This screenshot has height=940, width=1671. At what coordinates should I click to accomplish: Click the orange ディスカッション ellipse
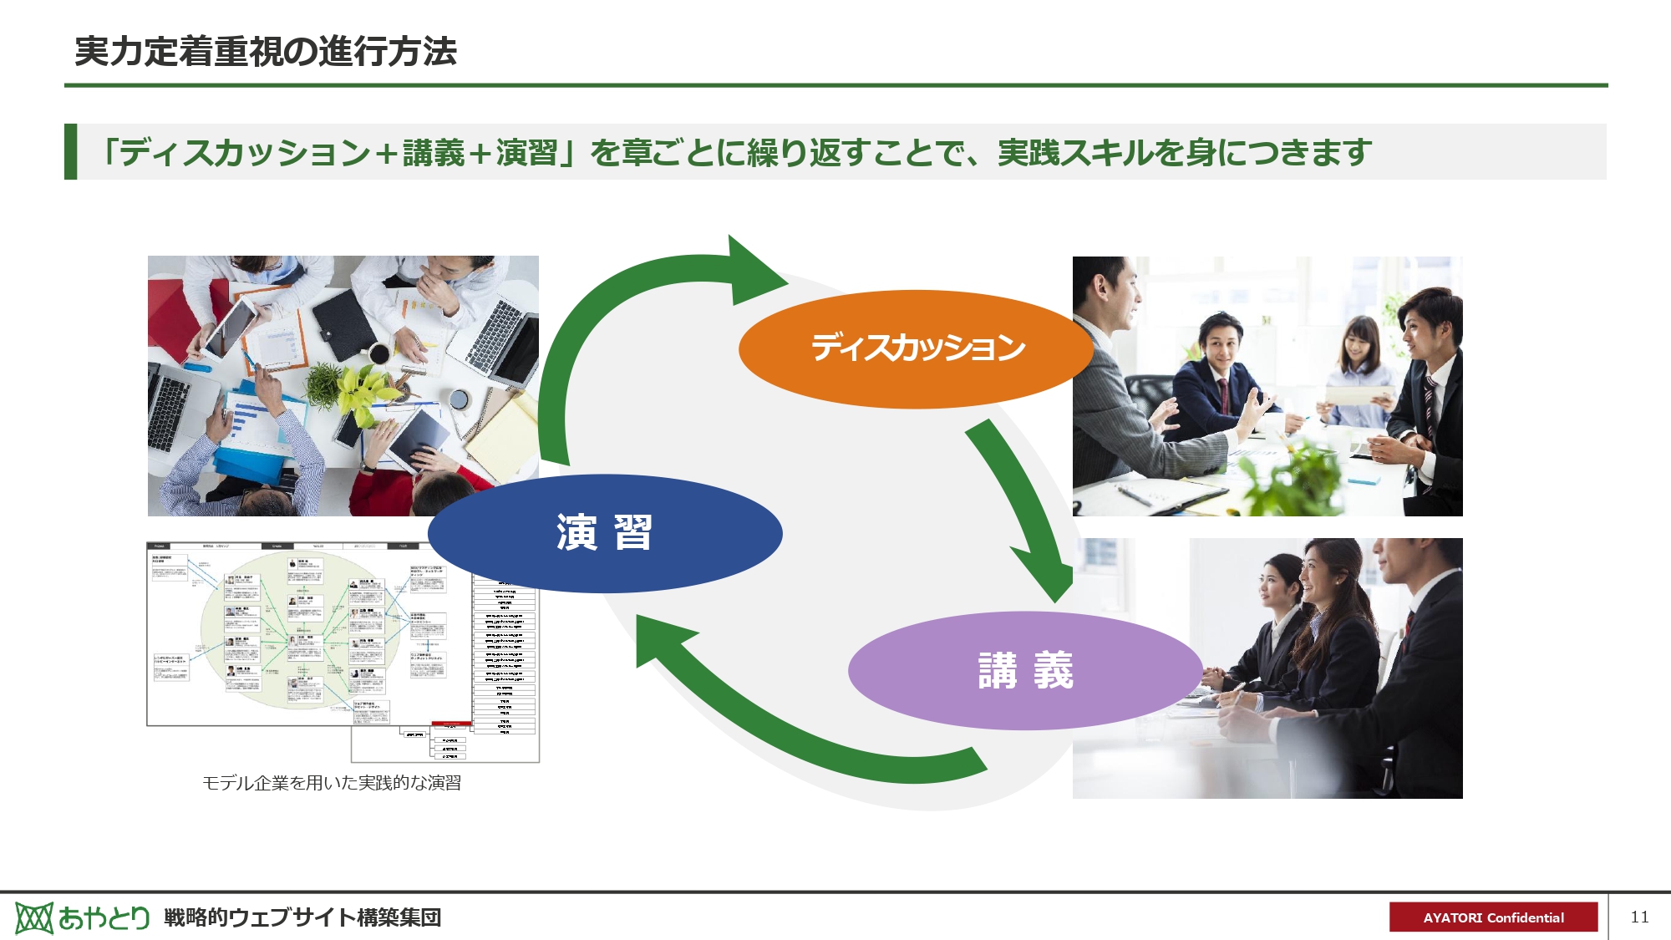pyautogui.click(x=916, y=349)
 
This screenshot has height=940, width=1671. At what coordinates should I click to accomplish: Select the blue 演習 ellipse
pyautogui.click(x=604, y=533)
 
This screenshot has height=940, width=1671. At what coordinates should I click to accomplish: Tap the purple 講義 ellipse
pyautogui.click(x=1025, y=670)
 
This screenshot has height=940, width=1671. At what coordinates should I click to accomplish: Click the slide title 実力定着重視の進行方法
pyautogui.click(x=266, y=52)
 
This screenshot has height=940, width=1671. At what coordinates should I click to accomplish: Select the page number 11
pyautogui.click(x=1639, y=917)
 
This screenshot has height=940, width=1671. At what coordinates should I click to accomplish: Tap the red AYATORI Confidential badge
pyautogui.click(x=1493, y=917)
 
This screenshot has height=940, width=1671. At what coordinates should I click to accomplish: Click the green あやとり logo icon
pyautogui.click(x=34, y=917)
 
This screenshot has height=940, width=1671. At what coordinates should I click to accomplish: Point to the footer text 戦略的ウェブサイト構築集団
pyautogui.click(x=302, y=917)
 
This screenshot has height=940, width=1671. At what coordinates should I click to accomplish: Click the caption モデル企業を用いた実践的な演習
pyautogui.click(x=332, y=783)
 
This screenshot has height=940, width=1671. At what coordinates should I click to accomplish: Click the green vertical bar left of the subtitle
pyautogui.click(x=71, y=151)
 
